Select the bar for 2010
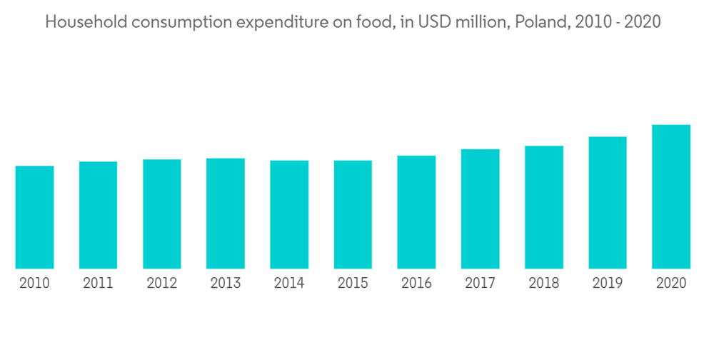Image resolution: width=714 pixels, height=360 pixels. click(34, 217)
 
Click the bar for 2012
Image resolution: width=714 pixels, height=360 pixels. click(162, 214)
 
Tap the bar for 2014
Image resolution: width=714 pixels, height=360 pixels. click(289, 214)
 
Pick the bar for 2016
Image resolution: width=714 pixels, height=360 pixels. click(416, 212)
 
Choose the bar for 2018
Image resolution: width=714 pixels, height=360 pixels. click(544, 207)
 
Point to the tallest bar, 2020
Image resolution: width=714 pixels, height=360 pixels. click(671, 196)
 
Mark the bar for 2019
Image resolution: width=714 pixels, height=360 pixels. click(608, 202)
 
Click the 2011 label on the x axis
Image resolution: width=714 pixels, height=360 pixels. click(98, 284)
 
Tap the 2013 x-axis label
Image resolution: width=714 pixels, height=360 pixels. click(226, 284)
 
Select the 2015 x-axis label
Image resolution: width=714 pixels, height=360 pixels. click(353, 284)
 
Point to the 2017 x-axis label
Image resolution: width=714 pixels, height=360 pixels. click(480, 284)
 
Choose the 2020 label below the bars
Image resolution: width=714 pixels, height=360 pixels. click(671, 284)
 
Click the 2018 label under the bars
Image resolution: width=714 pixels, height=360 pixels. click(544, 284)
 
